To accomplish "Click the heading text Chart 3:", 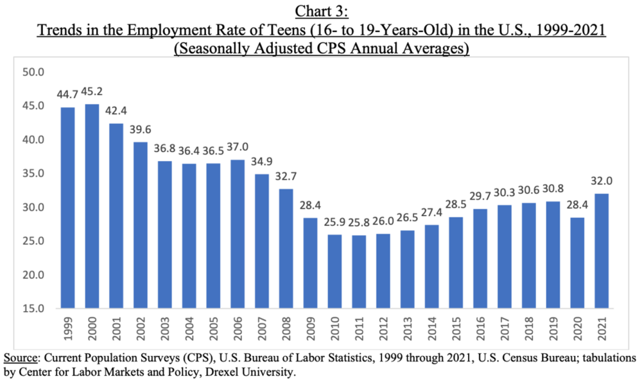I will point(321,11).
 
